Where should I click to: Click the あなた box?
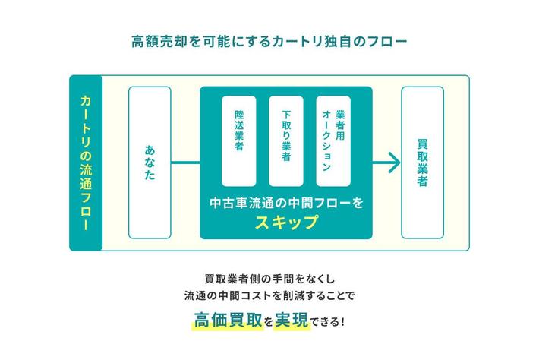[150, 162]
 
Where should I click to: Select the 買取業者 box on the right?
[422, 162]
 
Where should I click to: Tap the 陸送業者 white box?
[240, 141]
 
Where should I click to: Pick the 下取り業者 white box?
[286, 141]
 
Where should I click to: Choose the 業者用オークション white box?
[333, 141]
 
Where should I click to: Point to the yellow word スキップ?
[286, 223]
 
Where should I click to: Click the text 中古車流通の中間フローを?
[286, 203]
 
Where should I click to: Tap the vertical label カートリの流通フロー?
[86, 162]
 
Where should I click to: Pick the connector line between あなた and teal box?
[185, 162]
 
